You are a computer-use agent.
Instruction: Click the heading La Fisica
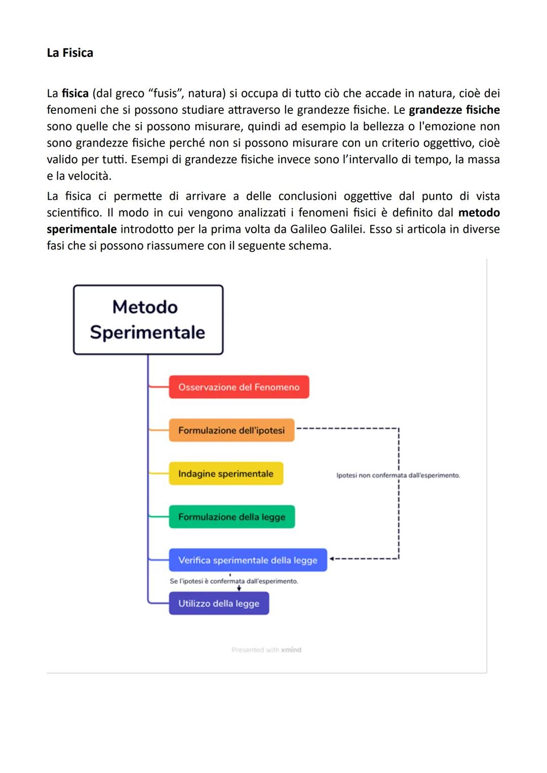(70, 53)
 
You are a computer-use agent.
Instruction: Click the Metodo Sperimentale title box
(148, 320)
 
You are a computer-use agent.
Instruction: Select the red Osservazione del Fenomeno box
(239, 387)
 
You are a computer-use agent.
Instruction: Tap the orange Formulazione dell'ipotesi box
(231, 430)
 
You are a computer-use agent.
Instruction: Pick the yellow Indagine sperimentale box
(226, 473)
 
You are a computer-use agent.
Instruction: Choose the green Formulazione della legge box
(231, 517)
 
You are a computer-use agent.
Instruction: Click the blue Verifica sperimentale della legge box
(248, 560)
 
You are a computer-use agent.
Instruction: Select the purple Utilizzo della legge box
(219, 604)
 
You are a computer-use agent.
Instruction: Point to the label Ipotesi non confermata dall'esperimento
(398, 475)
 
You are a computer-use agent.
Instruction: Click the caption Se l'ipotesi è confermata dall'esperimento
(233, 581)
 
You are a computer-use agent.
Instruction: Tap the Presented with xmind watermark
(266, 650)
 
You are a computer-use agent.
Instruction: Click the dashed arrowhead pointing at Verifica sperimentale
(332, 559)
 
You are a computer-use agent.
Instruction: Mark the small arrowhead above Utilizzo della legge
(239, 588)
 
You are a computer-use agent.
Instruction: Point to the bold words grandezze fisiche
(454, 110)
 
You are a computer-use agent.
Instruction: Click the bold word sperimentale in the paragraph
(82, 229)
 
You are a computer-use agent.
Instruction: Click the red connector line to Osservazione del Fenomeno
(159, 387)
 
